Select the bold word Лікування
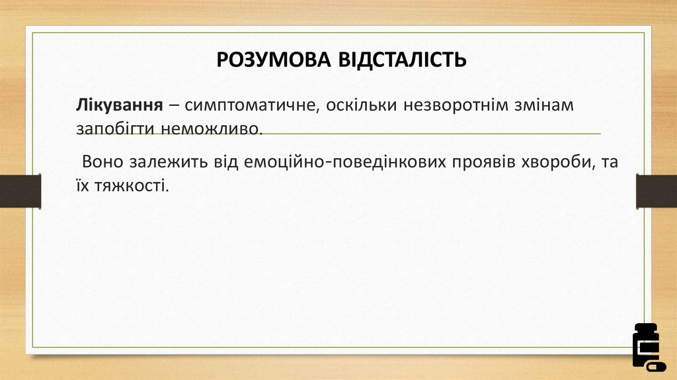(x=120, y=105)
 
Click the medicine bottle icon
(x=646, y=346)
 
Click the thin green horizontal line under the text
(x=430, y=134)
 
